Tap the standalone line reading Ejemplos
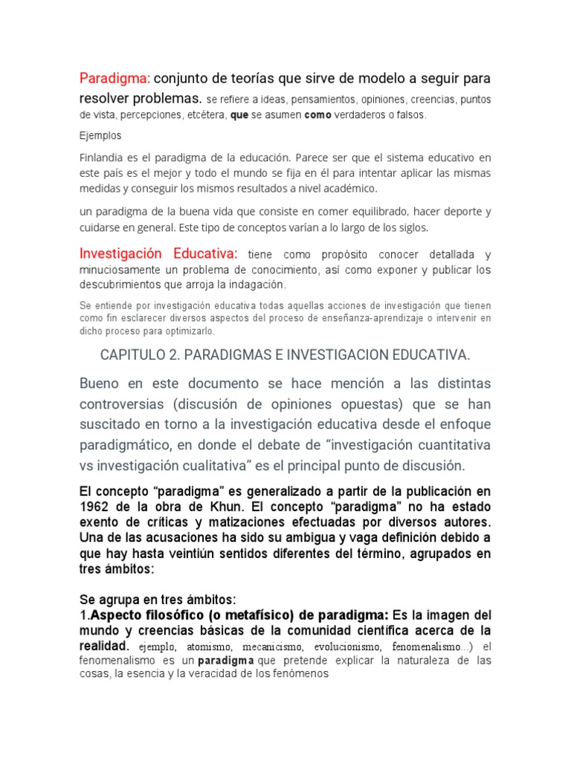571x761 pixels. coord(100,137)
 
